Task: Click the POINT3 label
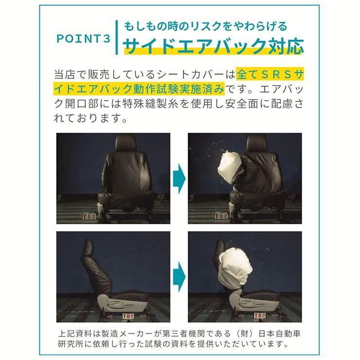84,39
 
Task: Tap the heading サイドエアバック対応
214,46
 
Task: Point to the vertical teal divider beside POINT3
117,38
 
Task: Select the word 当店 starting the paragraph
63,75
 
